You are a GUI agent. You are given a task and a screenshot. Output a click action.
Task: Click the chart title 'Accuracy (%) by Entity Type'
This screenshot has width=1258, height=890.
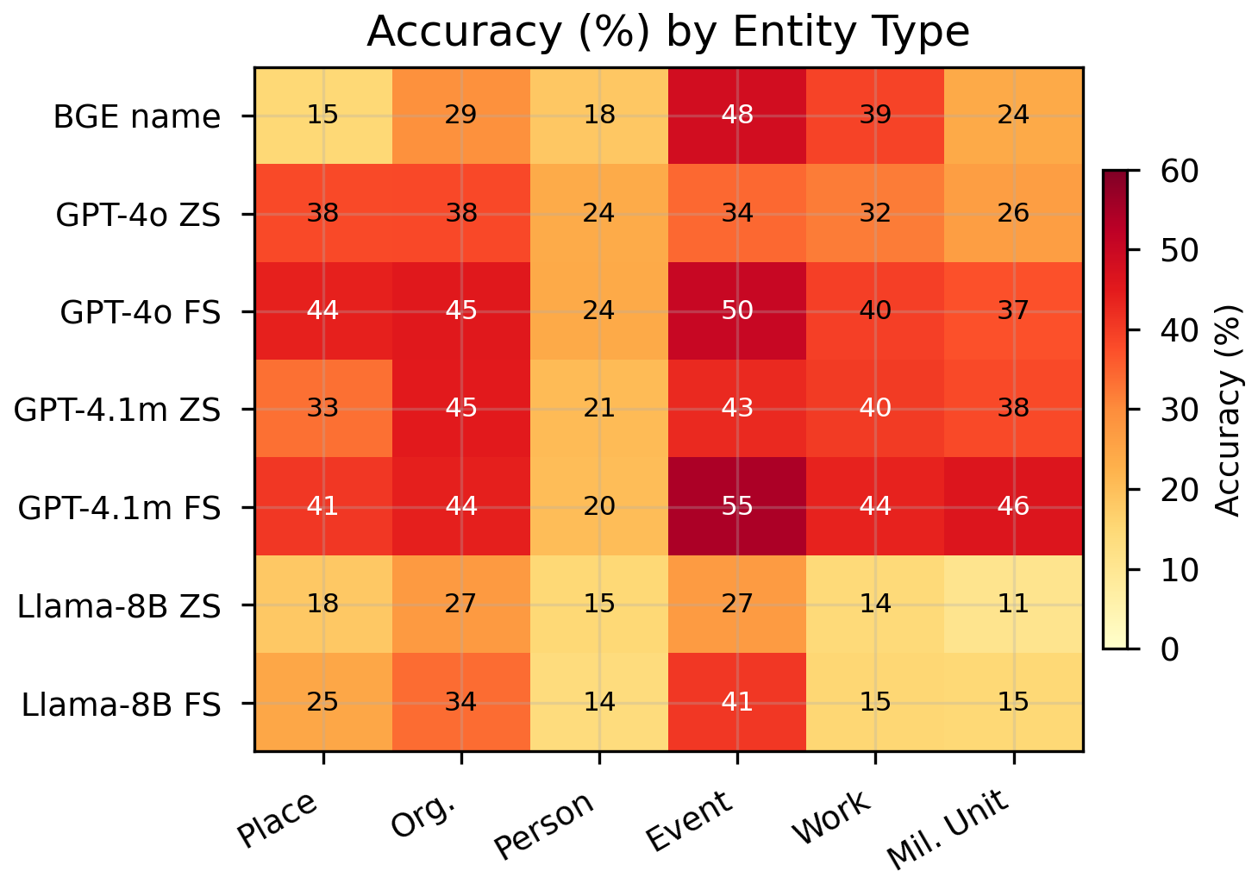(668, 33)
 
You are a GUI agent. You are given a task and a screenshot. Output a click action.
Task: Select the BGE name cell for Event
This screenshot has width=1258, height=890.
(737, 116)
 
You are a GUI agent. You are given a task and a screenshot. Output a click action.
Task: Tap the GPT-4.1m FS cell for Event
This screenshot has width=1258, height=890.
(737, 506)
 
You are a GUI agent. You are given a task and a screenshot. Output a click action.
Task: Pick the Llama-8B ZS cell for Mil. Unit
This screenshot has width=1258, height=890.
(1013, 604)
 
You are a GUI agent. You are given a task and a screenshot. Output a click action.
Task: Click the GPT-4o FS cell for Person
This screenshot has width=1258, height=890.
(599, 310)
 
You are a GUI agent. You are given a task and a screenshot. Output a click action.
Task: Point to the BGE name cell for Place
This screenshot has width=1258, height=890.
(323, 116)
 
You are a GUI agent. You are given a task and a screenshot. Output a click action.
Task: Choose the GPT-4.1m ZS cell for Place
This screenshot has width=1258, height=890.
(323, 408)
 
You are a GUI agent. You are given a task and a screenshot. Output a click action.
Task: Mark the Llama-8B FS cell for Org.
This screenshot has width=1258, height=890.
(461, 702)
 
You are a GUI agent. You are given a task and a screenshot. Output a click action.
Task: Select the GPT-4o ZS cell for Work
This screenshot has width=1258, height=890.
(875, 213)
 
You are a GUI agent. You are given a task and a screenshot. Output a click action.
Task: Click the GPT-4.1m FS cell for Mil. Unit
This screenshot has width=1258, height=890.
(1013, 506)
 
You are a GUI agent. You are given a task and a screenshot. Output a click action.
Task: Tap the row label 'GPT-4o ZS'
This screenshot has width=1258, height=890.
(138, 214)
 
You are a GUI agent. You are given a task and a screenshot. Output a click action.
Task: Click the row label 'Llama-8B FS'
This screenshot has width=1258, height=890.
(121, 704)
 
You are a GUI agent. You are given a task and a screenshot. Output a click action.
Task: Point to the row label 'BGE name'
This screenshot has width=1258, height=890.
(136, 116)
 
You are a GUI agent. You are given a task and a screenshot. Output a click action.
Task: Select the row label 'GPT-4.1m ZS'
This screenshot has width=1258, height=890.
(117, 410)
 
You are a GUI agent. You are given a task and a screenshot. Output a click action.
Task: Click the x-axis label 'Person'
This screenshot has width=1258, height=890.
(545, 826)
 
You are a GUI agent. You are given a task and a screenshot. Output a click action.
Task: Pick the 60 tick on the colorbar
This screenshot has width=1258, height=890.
(1179, 172)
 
